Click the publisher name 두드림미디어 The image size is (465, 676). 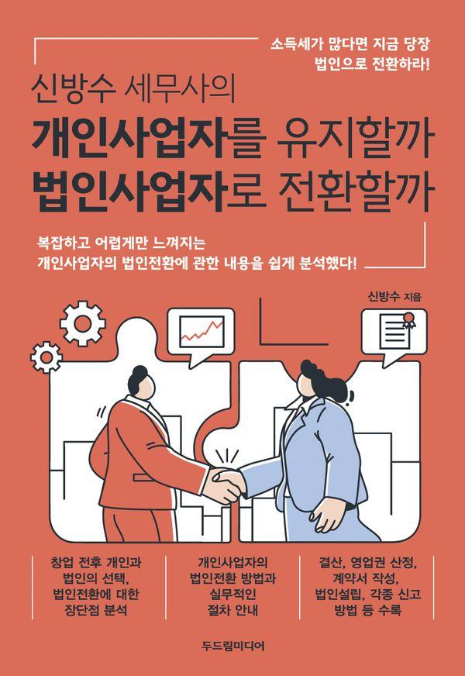coord(232,646)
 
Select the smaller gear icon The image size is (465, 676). coord(46,357)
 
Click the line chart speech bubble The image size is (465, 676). coord(201,334)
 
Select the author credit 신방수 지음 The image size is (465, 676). coord(394,297)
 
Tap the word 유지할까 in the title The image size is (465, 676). coord(354,140)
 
